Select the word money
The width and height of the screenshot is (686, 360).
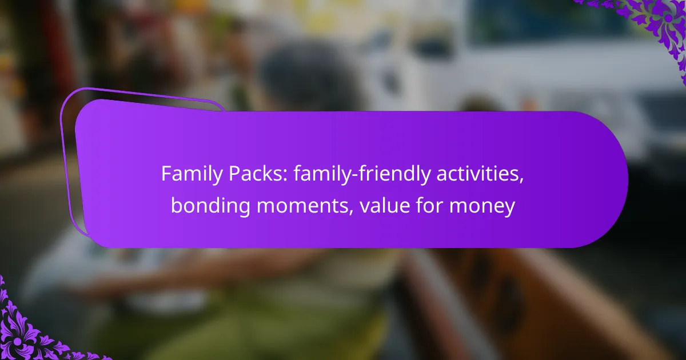pyautogui.click(x=483, y=206)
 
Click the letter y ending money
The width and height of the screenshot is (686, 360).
pyautogui.click(x=510, y=209)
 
